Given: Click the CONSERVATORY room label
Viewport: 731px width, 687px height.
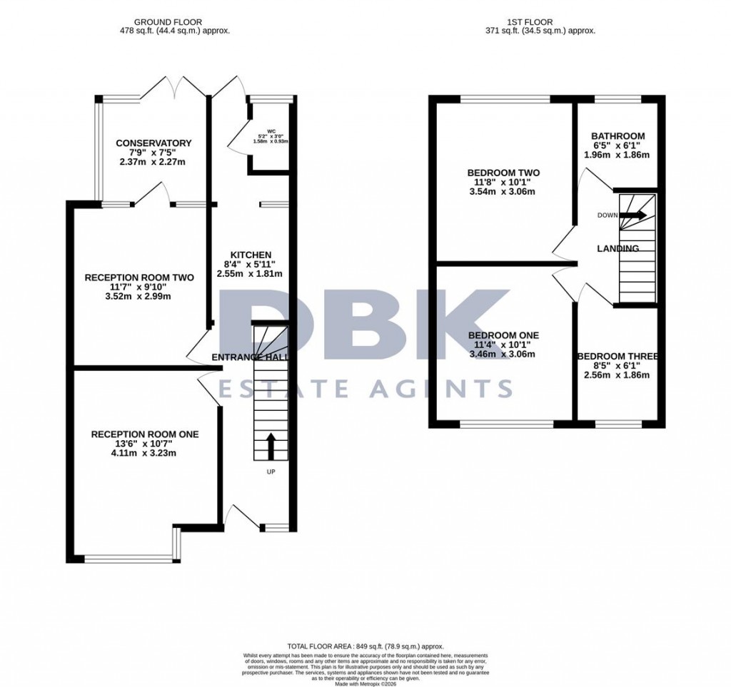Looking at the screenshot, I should pyautogui.click(x=153, y=143).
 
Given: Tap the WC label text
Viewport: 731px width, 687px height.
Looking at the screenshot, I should pyautogui.click(x=271, y=131).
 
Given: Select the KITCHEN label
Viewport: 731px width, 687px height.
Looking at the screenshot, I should pyautogui.click(x=250, y=255).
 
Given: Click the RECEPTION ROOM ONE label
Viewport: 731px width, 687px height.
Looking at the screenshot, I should pyautogui.click(x=144, y=434).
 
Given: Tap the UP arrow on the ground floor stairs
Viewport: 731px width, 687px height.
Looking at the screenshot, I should pyautogui.click(x=271, y=445).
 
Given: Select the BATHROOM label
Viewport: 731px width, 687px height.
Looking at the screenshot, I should pyautogui.click(x=617, y=136).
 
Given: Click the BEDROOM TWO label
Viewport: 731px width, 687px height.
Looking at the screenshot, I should pyautogui.click(x=503, y=173).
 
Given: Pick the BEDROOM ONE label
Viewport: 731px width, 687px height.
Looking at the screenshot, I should pyautogui.click(x=503, y=335).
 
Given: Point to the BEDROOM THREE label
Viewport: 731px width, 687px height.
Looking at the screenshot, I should pyautogui.click(x=618, y=357).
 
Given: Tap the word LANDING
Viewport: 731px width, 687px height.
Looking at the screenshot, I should pyautogui.click(x=618, y=248).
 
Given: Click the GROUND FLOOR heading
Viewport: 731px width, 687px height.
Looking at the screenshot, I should pyautogui.click(x=175, y=22).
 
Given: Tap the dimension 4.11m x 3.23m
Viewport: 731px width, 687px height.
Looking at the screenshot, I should pyautogui.click(x=144, y=453).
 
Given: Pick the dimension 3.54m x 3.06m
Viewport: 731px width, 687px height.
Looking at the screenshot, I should pyautogui.click(x=503, y=191).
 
